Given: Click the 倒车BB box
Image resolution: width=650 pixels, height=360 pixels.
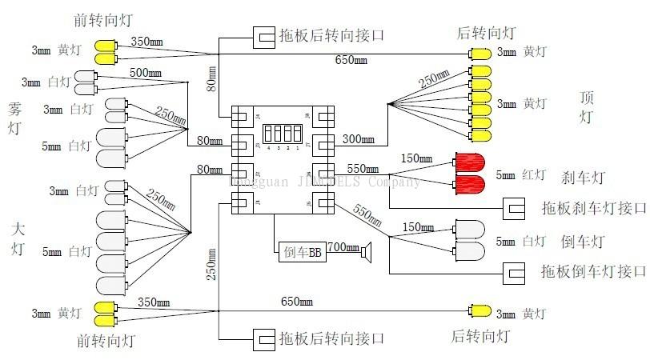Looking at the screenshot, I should coord(302,253).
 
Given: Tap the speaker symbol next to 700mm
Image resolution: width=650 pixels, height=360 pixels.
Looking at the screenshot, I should coord(368,253).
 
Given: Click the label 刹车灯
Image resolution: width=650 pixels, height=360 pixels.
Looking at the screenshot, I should coord(582,177).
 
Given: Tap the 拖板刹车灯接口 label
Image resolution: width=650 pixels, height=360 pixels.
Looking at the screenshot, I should coord(593,209).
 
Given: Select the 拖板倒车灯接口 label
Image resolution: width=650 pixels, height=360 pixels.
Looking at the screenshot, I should coord(593,272).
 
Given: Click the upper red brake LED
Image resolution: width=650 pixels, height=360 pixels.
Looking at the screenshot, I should coord(470,162).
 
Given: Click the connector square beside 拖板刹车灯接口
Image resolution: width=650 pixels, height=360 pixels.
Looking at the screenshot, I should coord(513,210).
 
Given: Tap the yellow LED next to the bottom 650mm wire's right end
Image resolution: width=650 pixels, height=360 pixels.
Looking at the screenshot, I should coord(481,310).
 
